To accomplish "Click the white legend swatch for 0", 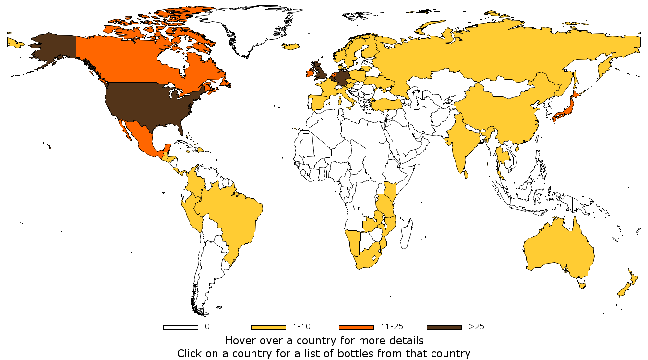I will coord(180,327).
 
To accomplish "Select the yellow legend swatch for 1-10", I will coord(268,327).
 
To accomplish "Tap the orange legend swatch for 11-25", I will coord(356,327).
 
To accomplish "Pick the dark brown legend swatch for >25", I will coord(444,327).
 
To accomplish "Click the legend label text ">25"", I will coord(476,327).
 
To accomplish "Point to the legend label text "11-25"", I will coord(392,327).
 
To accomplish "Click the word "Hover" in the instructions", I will coord(240,341).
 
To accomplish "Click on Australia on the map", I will coord(557,250).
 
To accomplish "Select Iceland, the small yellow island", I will coord(291,47).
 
